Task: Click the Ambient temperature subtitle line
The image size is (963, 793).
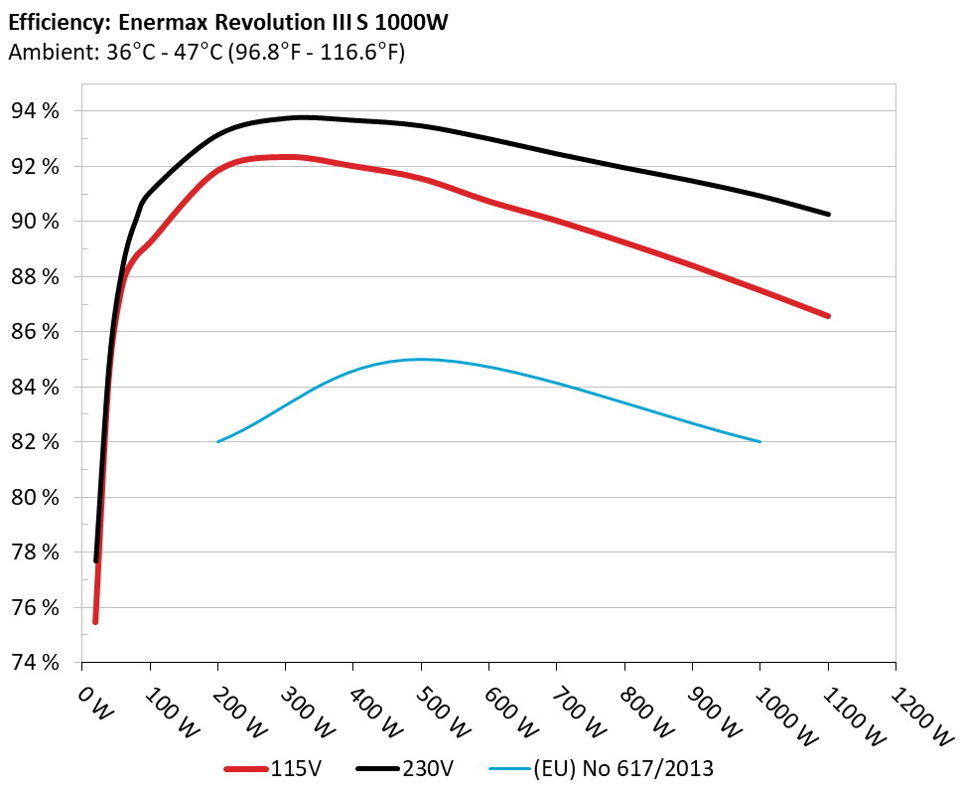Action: (206, 53)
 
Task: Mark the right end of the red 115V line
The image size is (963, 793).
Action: (828, 316)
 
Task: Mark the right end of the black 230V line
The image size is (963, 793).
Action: (828, 214)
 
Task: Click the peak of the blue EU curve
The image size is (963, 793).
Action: (421, 359)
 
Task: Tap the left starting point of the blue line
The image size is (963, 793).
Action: (217, 441)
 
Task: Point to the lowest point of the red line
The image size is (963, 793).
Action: (95, 622)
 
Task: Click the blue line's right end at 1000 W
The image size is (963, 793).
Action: (759, 441)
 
